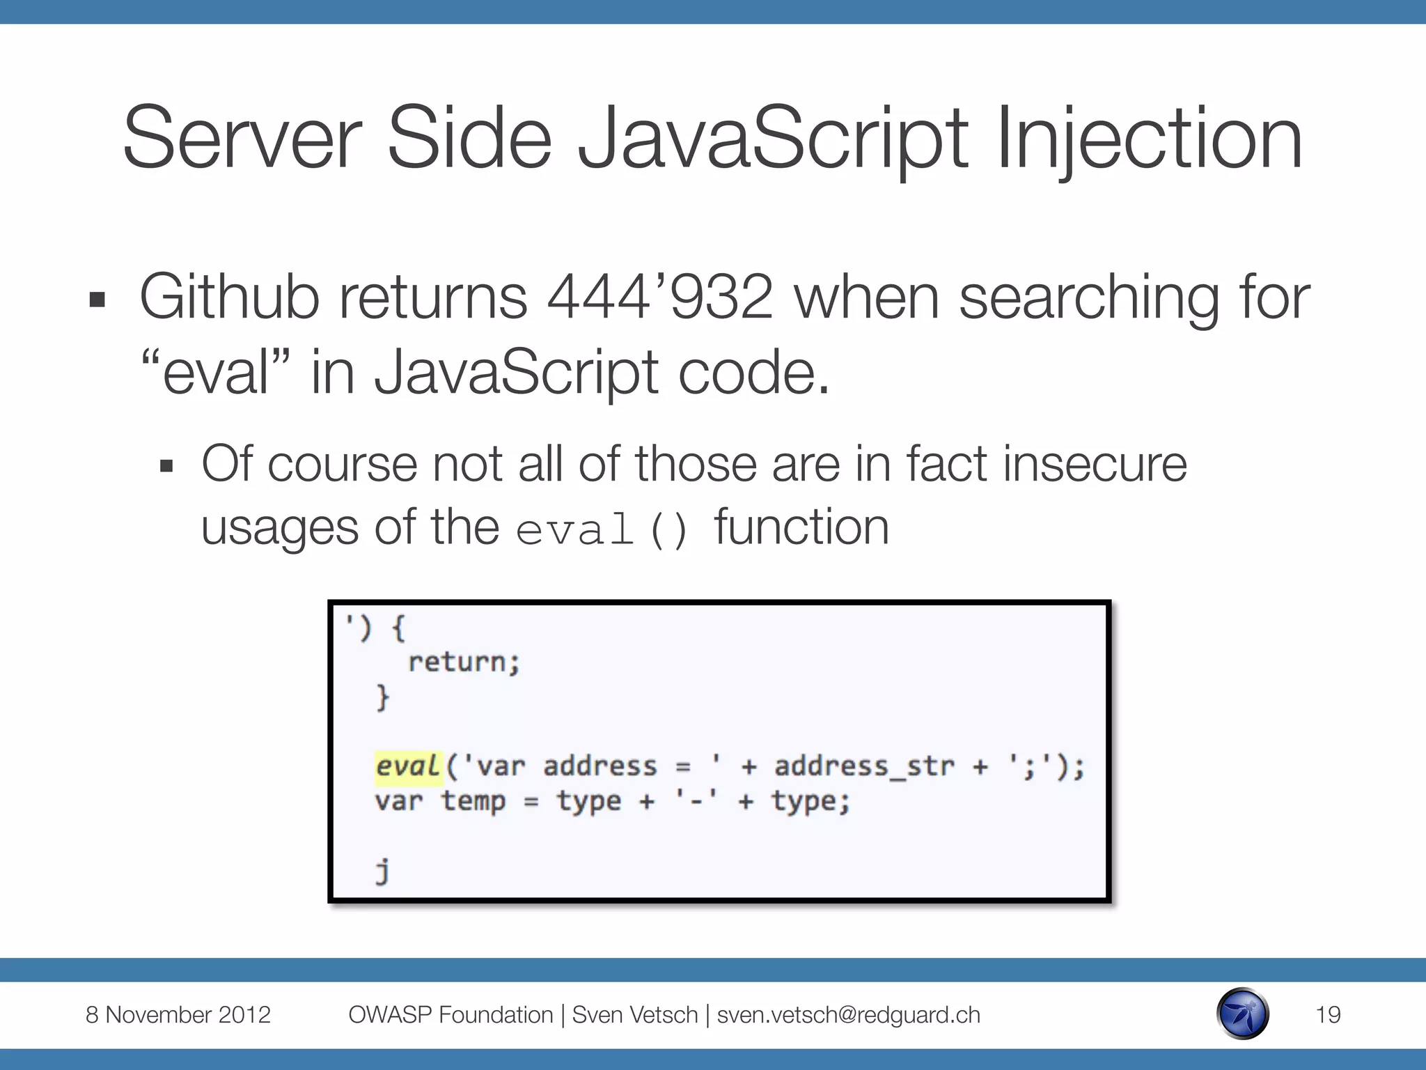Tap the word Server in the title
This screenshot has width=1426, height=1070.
(x=242, y=138)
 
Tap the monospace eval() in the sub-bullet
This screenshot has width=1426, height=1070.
(x=602, y=529)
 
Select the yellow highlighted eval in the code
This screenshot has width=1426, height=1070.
(x=408, y=766)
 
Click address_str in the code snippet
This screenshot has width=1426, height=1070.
(x=863, y=766)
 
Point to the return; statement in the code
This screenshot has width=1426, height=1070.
(x=464, y=662)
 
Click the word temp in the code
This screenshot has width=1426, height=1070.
(x=473, y=801)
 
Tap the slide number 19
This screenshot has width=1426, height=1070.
(x=1328, y=1014)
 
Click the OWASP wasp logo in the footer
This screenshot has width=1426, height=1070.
(x=1243, y=1014)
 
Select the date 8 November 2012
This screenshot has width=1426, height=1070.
(x=178, y=1014)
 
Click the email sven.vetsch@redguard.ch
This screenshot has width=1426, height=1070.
(x=848, y=1014)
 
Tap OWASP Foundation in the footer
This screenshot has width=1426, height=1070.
(x=450, y=1014)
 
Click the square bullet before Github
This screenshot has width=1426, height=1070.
(x=97, y=300)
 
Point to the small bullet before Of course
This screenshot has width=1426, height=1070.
(x=166, y=466)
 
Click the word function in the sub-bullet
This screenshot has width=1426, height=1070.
(x=801, y=527)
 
